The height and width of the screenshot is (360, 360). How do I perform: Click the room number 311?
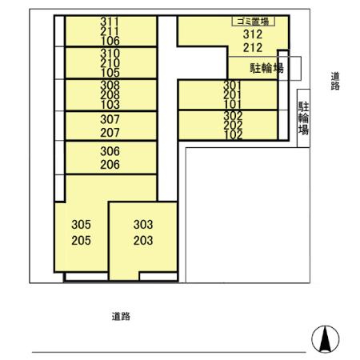coord(110,22)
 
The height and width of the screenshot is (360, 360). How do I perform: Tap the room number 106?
coord(110,41)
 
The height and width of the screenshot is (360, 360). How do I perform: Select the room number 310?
coord(110,54)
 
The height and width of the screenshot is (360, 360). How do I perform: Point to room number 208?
coord(110,94)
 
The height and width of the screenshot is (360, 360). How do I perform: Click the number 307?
coord(110,119)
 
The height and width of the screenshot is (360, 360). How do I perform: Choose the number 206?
coord(110,165)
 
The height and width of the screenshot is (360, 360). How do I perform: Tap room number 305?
coord(82,225)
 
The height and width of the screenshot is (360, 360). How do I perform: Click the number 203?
coord(143,240)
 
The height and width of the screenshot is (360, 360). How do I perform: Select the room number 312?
coord(253,35)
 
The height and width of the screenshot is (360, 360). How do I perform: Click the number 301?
coord(232,85)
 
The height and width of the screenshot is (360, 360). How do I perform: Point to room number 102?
coord(232,134)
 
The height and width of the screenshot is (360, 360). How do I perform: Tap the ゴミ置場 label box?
coord(250,22)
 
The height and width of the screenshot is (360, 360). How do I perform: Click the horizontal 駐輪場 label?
coord(266,69)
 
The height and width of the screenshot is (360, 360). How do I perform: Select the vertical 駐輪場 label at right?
coord(304,118)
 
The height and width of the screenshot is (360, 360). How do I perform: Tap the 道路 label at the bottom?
coord(121,316)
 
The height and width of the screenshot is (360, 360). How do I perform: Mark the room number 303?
coord(143,225)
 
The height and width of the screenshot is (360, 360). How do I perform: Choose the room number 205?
coord(82,240)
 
